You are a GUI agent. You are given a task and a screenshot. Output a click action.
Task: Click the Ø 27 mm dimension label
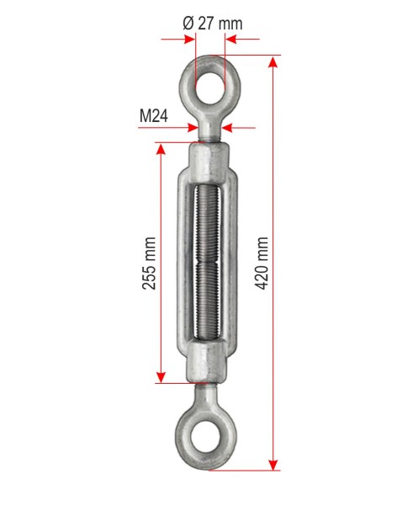click(x=213, y=24)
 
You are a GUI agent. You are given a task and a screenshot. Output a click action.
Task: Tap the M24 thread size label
click(x=154, y=115)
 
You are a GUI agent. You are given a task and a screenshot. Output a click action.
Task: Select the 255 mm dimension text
click(x=149, y=263)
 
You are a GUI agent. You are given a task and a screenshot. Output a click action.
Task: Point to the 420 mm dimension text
click(x=262, y=263)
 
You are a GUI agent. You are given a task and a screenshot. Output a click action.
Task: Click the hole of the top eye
click(x=210, y=88)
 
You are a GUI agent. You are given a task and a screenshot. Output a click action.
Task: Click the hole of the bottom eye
click(x=206, y=436)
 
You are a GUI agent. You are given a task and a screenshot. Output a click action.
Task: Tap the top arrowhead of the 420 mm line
click(x=273, y=61)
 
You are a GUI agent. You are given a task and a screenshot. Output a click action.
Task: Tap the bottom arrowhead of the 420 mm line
click(x=273, y=465)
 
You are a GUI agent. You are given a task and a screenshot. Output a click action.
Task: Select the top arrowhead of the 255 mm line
click(x=161, y=149)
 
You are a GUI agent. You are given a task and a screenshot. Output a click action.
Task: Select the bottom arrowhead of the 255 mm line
click(x=161, y=377)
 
